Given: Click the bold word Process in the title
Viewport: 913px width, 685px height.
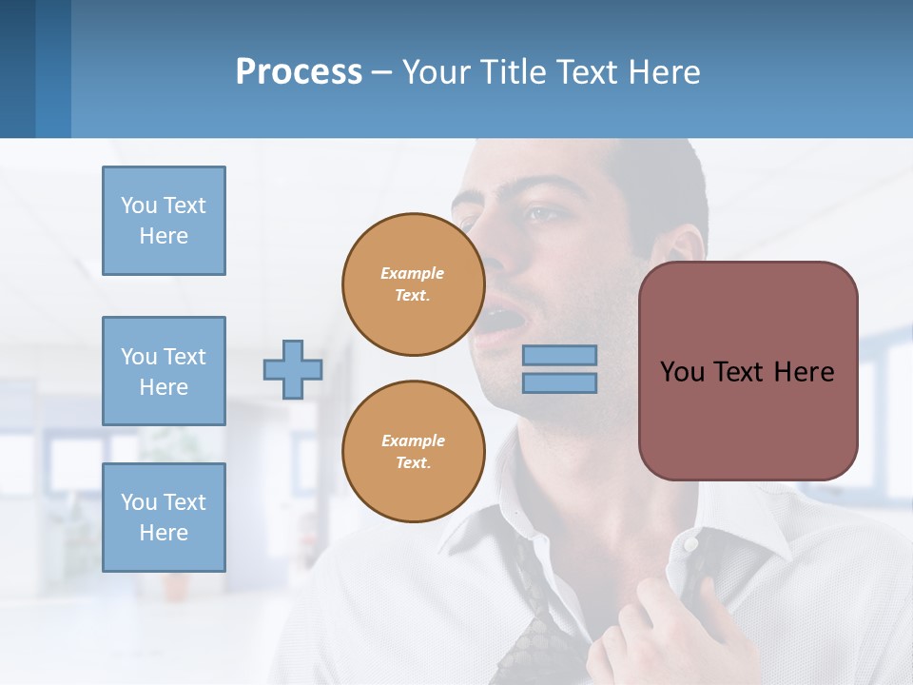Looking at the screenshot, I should pyautogui.click(x=299, y=72).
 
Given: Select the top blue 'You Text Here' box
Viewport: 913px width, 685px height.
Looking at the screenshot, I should pyautogui.click(x=164, y=221).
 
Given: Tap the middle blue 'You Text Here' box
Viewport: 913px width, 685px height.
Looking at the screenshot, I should pyautogui.click(x=164, y=371).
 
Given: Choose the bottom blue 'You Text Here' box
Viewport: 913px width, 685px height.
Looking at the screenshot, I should pyautogui.click(x=164, y=517).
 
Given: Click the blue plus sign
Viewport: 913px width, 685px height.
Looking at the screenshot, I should pyautogui.click(x=293, y=369).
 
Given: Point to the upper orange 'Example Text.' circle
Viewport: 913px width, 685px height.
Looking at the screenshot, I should pyautogui.click(x=413, y=284).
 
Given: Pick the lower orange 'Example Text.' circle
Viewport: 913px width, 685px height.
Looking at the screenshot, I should pyautogui.click(x=413, y=451).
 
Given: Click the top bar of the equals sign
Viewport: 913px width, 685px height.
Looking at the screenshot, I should pyautogui.click(x=559, y=355).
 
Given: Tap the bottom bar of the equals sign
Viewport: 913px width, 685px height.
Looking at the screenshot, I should pyautogui.click(x=559, y=382).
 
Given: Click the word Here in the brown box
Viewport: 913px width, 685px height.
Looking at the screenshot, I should pyautogui.click(x=805, y=372).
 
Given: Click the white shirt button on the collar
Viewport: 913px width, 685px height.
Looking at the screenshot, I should pyautogui.click(x=691, y=545).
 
